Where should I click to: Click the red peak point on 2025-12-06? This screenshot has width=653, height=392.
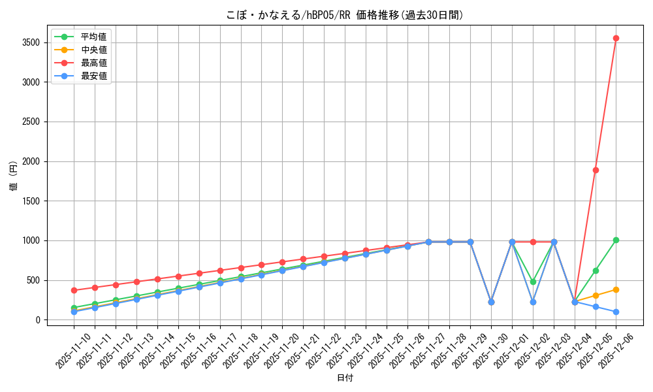click(616, 38)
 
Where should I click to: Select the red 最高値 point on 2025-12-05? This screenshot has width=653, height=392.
click(596, 170)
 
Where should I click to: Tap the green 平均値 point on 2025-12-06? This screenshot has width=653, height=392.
click(616, 240)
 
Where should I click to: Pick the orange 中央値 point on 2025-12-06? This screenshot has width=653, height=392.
click(616, 289)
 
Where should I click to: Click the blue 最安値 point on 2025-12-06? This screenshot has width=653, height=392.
click(616, 312)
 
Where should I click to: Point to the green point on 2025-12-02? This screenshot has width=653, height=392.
click(533, 282)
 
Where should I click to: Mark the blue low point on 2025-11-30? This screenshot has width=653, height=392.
click(491, 302)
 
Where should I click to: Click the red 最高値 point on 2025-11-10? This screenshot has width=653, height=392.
click(74, 290)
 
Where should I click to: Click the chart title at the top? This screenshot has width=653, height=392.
click(345, 15)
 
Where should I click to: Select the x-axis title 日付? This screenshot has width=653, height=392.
click(345, 378)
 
